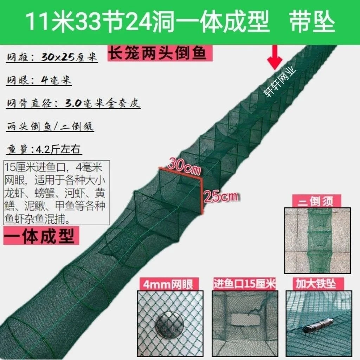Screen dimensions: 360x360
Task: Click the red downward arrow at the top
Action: [x=275, y=57]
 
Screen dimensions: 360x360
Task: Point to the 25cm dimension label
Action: [x=221, y=197]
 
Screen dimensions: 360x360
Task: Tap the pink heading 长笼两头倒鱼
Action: [x=160, y=53]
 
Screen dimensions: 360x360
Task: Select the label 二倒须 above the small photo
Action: [x=316, y=201]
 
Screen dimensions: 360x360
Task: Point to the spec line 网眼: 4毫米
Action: [x=39, y=80]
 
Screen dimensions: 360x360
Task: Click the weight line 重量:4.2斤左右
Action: [x=44, y=149]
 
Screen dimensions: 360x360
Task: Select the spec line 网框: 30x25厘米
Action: [x=52, y=57]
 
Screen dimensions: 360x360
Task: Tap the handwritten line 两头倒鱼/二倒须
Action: [x=50, y=126]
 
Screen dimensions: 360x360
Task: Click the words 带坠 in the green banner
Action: [x=312, y=22]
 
